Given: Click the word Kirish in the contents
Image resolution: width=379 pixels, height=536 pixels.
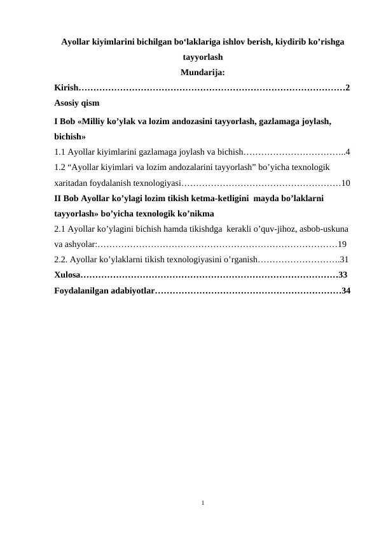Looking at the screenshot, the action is click(x=66, y=87).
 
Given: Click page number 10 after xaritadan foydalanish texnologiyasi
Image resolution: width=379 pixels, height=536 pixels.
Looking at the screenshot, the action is click(x=346, y=183).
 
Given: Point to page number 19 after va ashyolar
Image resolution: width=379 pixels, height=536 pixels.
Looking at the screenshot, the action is click(x=342, y=244).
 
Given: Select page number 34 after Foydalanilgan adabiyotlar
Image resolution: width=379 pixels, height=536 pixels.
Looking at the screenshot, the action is click(x=346, y=291).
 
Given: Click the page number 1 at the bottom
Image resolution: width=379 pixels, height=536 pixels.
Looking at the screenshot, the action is click(x=202, y=502).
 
